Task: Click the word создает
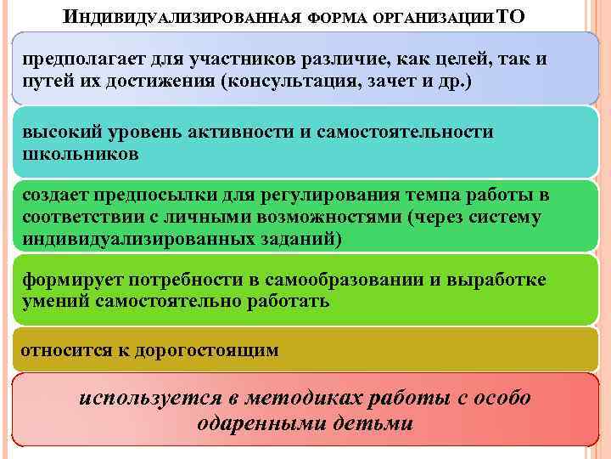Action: pyautogui.click(x=59, y=195)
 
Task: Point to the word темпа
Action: pyautogui.click(x=425, y=195)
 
